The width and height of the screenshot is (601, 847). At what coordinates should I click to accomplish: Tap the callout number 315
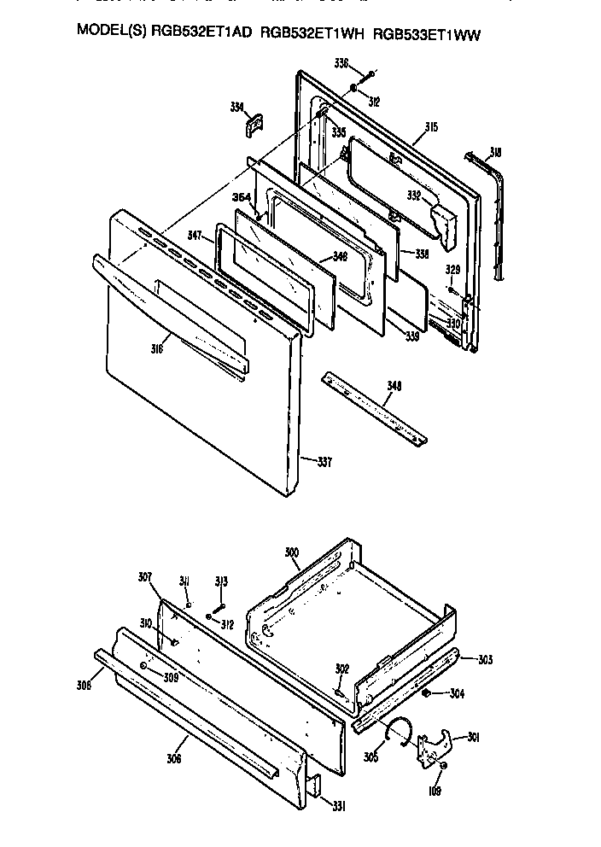coord(431,127)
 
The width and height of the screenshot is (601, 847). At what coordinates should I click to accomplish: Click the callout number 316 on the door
coord(156,348)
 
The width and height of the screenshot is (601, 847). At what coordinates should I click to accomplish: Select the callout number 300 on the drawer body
coord(292,553)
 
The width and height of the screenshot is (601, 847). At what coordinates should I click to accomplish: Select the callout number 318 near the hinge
coord(495,153)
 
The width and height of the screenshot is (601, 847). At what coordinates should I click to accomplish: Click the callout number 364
coord(242,197)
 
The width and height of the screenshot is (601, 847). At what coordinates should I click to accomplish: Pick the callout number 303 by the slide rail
coord(485,659)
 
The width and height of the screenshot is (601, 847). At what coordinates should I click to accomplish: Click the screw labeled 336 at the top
coord(368,75)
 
